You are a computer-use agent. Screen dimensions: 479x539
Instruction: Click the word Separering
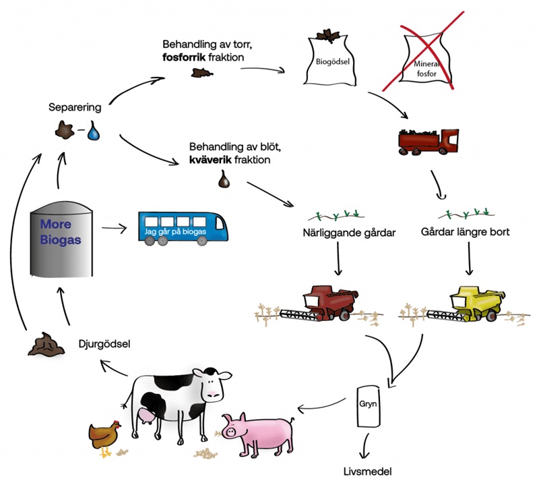75,107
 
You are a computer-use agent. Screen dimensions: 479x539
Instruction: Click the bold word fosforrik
189,57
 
